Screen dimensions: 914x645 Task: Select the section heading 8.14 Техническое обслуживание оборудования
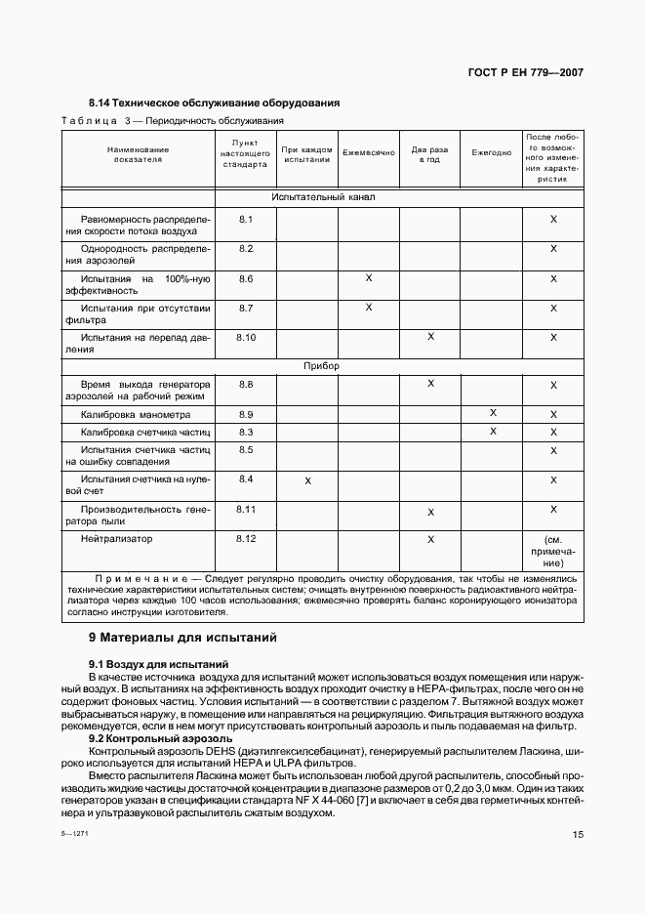[214, 103]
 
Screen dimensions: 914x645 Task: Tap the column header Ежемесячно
[368, 153]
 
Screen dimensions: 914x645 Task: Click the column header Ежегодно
[491, 153]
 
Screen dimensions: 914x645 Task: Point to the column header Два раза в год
[429, 154]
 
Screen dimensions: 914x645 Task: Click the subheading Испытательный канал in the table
[323, 197]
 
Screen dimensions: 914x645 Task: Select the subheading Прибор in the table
[323, 366]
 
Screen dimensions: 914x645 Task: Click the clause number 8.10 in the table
[246, 337]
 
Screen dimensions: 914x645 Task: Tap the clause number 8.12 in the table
[246, 538]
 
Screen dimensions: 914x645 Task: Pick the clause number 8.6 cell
[246, 278]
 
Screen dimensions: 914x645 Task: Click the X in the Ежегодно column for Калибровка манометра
[493, 414]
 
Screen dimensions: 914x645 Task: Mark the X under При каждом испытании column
[308, 480]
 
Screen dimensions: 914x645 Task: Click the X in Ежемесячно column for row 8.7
[369, 308]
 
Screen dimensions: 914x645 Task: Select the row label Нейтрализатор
[117, 538]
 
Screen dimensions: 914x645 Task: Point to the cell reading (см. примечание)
[553, 551]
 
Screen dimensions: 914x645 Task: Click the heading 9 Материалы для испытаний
[182, 638]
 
